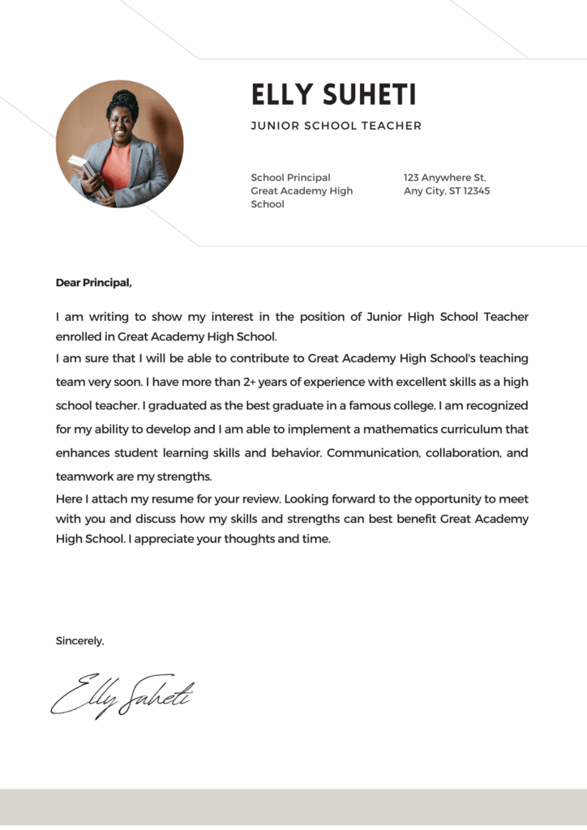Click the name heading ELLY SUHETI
point(333,95)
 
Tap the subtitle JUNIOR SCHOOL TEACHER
point(336,126)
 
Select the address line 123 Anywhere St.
point(444,178)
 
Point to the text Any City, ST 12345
point(447,191)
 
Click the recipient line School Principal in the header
point(290,178)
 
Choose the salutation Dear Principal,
point(93,283)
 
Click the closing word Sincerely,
point(79,640)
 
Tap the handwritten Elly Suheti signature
point(122,694)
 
